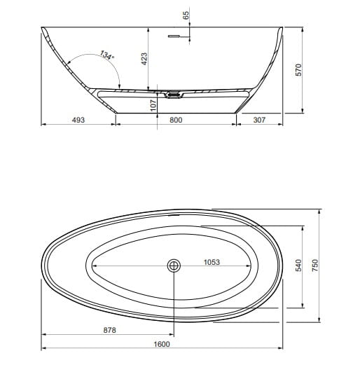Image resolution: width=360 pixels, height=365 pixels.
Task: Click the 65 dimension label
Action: (186, 15)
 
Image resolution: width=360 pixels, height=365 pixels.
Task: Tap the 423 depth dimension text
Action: (144, 59)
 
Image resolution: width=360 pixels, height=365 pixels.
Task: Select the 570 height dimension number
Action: (298, 69)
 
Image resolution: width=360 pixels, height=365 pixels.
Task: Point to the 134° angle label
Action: (107, 55)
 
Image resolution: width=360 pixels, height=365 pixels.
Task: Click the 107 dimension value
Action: (153, 105)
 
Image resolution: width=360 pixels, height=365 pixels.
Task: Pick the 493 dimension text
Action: (78, 120)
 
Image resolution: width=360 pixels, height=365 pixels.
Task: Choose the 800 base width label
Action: (176, 120)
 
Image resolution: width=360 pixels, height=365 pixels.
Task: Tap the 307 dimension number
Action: (259, 120)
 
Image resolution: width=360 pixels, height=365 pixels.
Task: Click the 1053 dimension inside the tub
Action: (212, 262)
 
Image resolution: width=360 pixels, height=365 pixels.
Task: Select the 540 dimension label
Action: (298, 266)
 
